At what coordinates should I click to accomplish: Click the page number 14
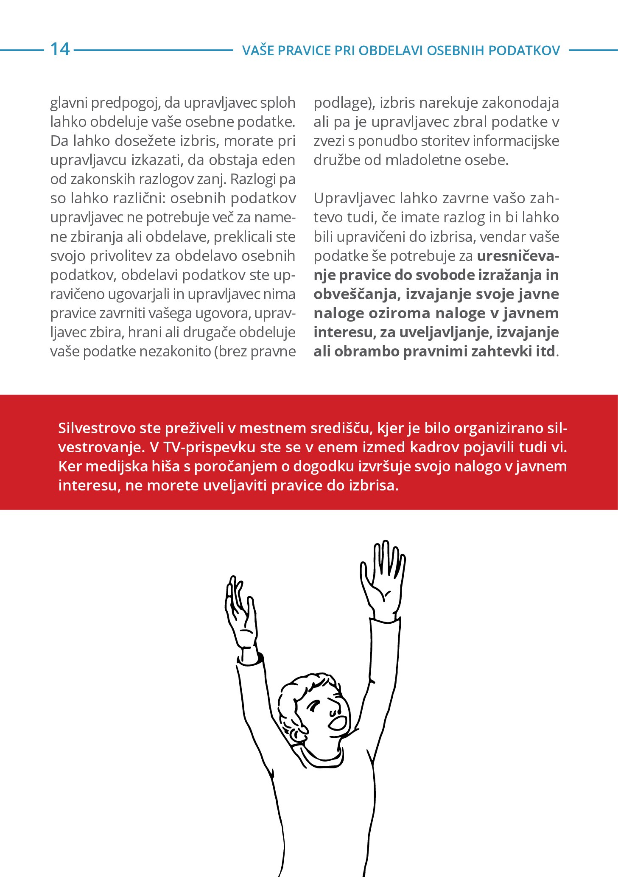[60, 49]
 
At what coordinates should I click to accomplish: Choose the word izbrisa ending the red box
[373, 485]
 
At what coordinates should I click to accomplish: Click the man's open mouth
[338, 722]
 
